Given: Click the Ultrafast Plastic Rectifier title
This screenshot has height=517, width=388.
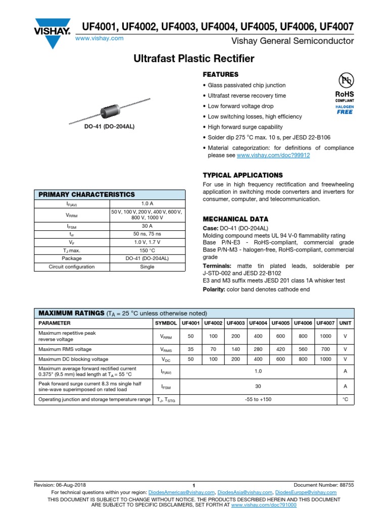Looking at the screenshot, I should click(194, 59).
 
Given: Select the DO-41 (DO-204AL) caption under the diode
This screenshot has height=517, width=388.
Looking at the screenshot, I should click(110, 127).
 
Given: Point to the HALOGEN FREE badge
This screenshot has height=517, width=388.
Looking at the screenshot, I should click(345, 110).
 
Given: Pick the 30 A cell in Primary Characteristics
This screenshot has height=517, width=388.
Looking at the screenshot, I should click(147, 227).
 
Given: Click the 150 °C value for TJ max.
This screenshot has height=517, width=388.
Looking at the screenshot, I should click(147, 250).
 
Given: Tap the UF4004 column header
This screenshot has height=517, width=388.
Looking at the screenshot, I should click(258, 323).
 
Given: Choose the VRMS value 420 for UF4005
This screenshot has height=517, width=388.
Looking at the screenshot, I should click(280, 349).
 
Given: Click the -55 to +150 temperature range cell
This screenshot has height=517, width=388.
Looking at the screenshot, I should click(258, 399).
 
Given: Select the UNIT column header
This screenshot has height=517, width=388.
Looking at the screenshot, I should click(345, 323).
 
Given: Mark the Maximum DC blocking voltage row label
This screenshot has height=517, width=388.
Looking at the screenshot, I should click(73, 359).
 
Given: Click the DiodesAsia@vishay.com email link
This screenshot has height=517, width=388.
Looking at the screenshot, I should click(246, 492).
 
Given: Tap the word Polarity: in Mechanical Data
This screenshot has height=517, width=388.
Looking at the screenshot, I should click(214, 289).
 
